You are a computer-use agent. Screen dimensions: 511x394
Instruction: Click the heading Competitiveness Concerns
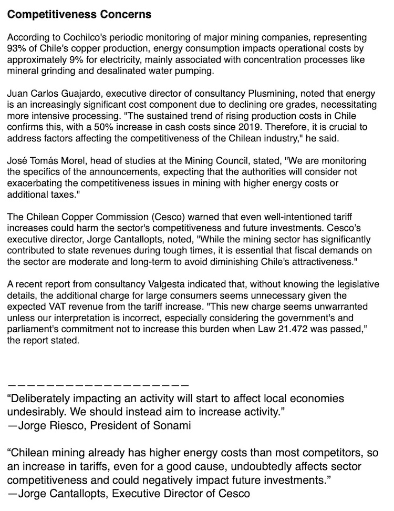79,15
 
